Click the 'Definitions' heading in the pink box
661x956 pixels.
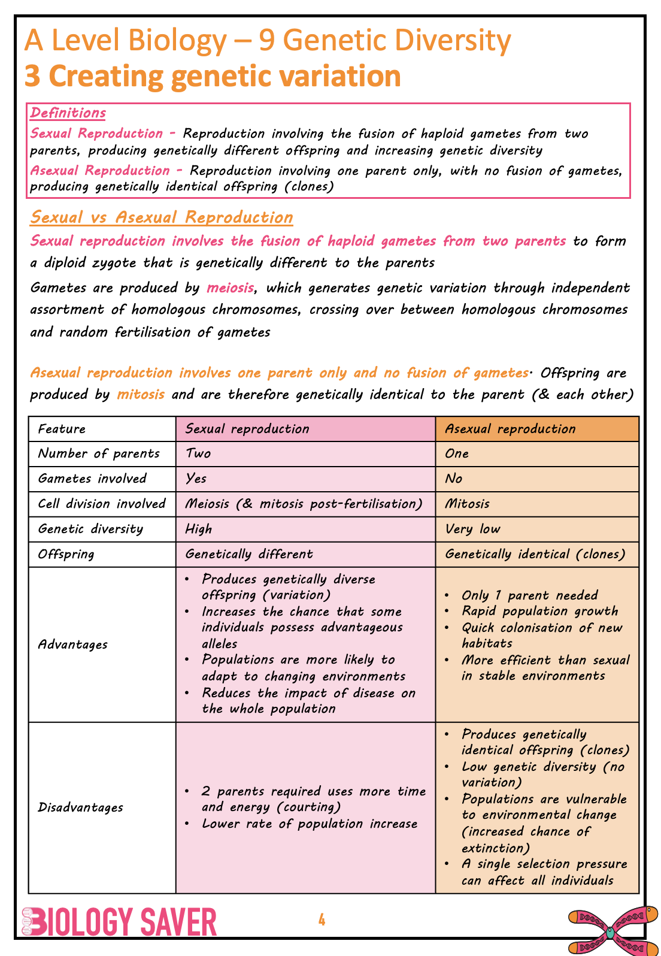pos(68,113)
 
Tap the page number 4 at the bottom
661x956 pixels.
pos(322,920)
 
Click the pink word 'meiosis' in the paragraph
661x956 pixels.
pos(230,288)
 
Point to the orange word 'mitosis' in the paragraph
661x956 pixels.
pos(140,395)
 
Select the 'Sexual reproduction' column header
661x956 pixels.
pos(247,429)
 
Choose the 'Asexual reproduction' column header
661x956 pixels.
pos(510,429)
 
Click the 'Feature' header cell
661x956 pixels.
pos(62,429)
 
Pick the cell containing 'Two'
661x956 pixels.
pos(198,453)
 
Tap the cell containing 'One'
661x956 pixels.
pos(457,453)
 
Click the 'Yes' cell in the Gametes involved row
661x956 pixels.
pos(196,479)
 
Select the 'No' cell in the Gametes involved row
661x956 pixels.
pos(454,479)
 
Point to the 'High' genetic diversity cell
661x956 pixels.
pos(199,529)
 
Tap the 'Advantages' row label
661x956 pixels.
pos(73,645)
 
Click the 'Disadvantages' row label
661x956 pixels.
pos(81,807)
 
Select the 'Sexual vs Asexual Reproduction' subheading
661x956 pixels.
pos(162,217)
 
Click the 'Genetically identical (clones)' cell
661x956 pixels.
pos(535,554)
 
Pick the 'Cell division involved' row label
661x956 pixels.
pos(102,504)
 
